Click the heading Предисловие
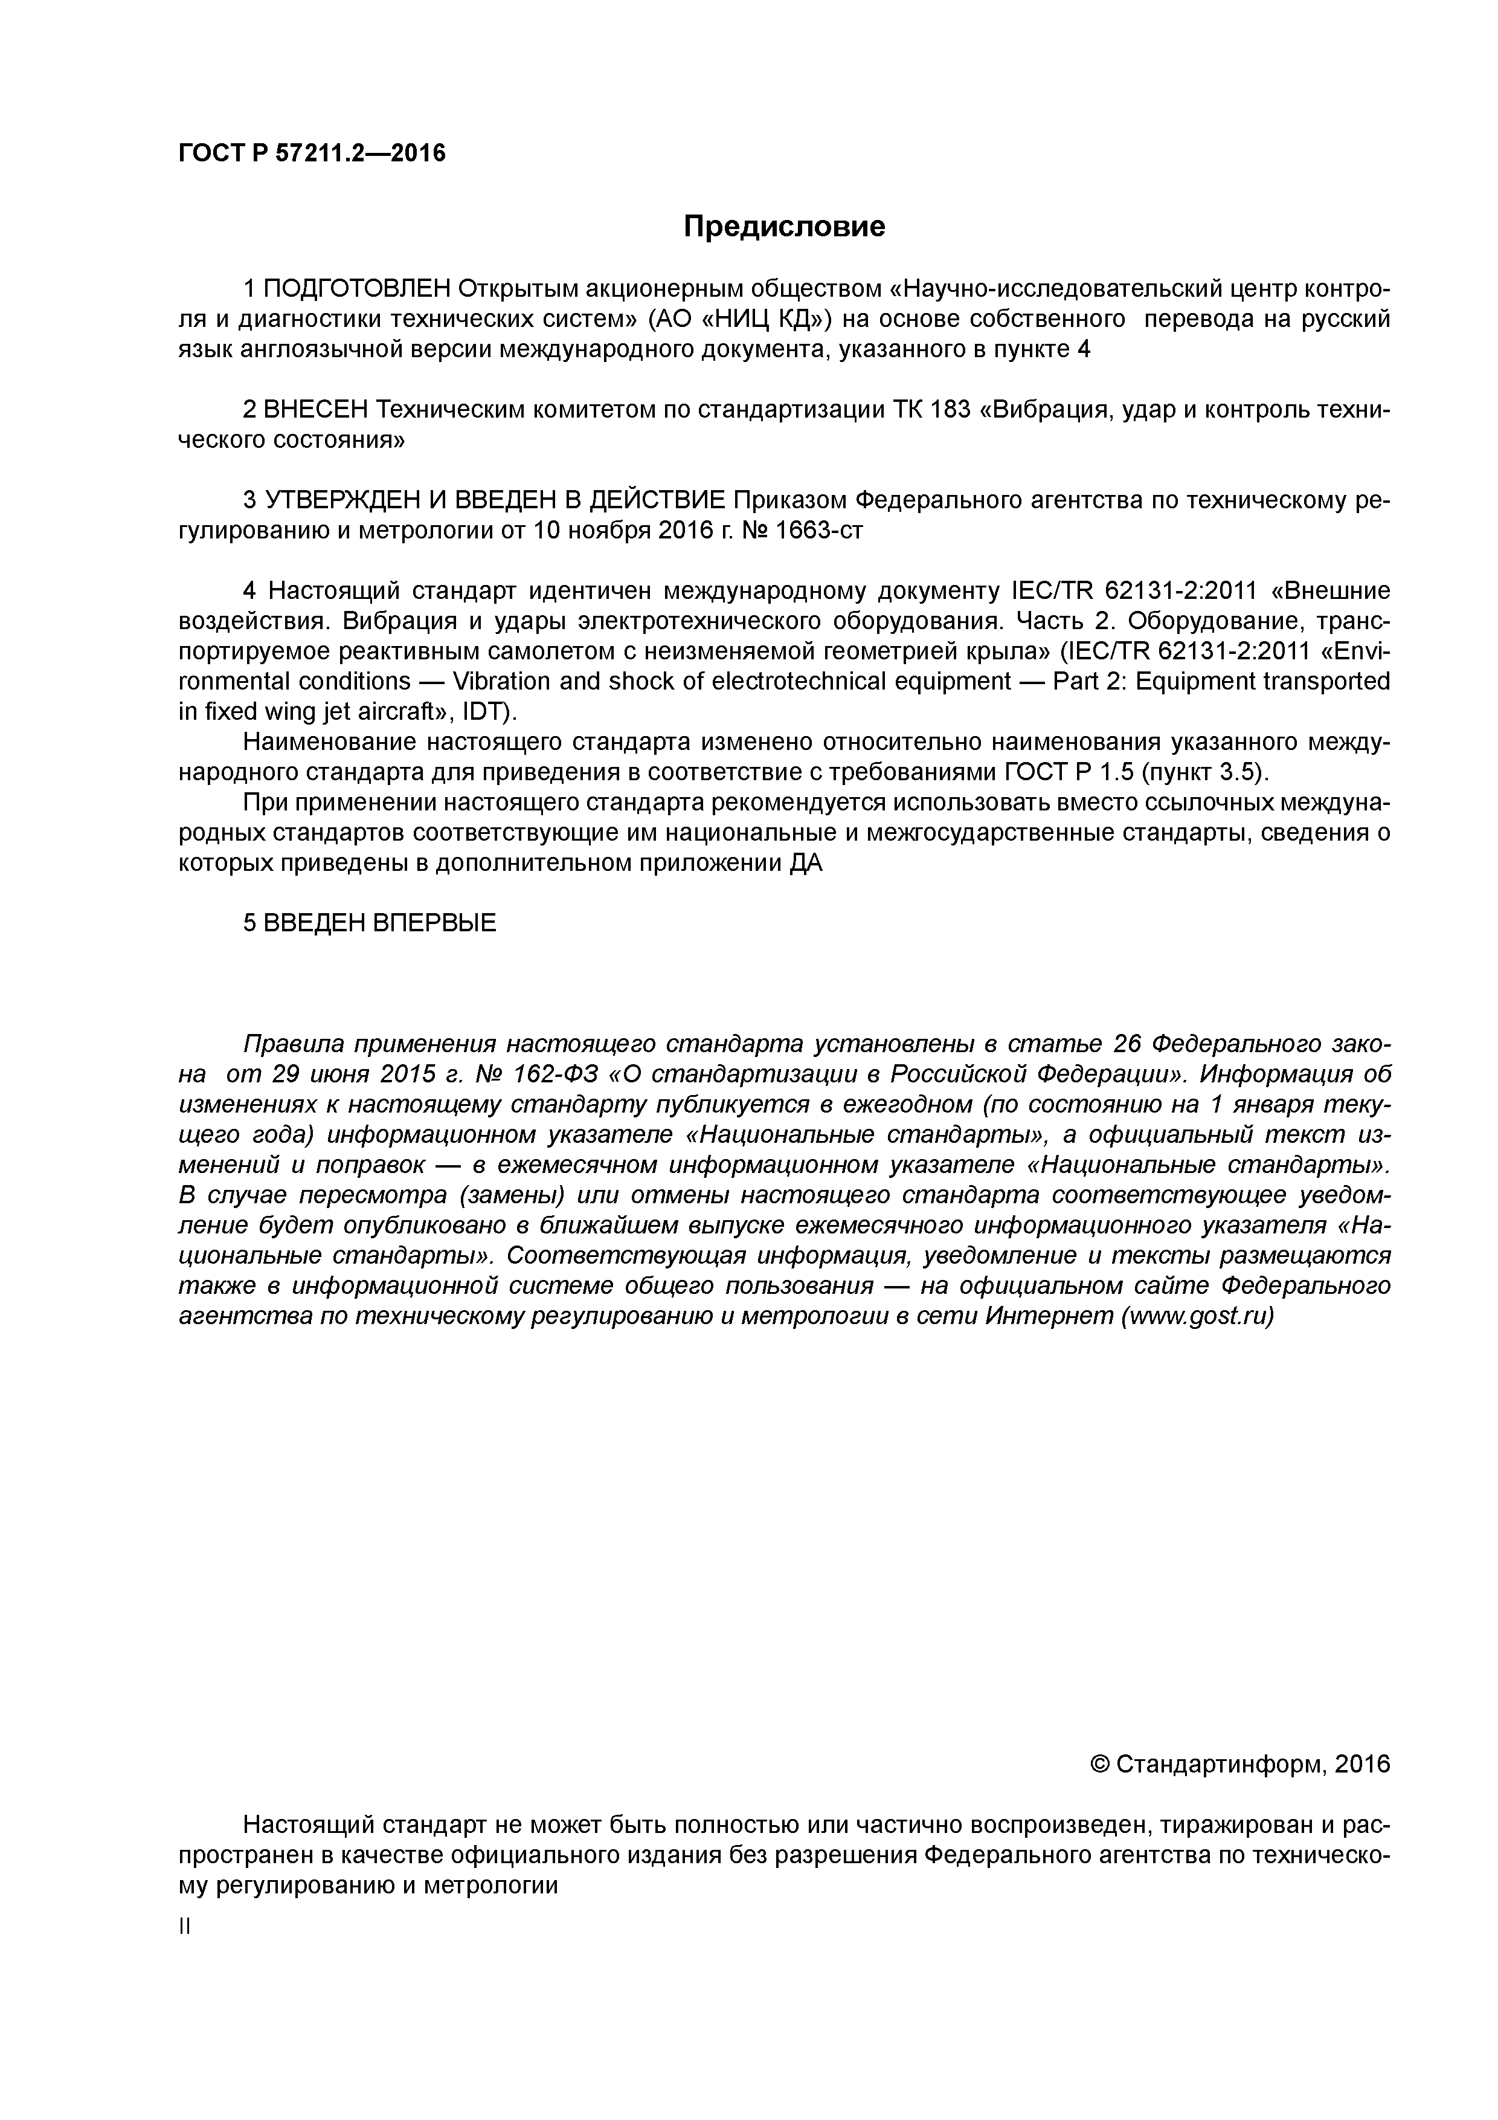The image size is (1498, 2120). [783, 226]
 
